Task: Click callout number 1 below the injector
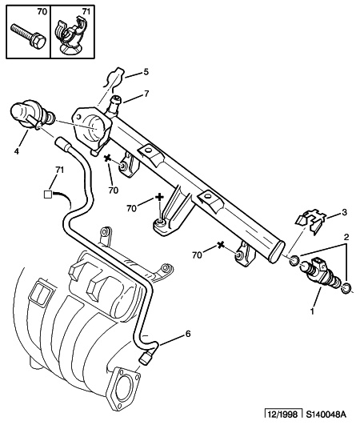click(x=313, y=311)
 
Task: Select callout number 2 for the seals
click(x=346, y=237)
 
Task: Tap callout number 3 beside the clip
click(x=344, y=212)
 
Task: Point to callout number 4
click(x=17, y=151)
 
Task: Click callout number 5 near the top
click(x=146, y=72)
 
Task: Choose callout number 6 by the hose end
click(x=188, y=334)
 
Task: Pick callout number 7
click(x=146, y=94)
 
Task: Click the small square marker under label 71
click(x=48, y=194)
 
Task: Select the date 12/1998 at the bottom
click(x=282, y=415)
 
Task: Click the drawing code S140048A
click(x=326, y=415)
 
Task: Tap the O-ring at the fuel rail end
click(x=294, y=260)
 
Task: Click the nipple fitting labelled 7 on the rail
click(x=114, y=106)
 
